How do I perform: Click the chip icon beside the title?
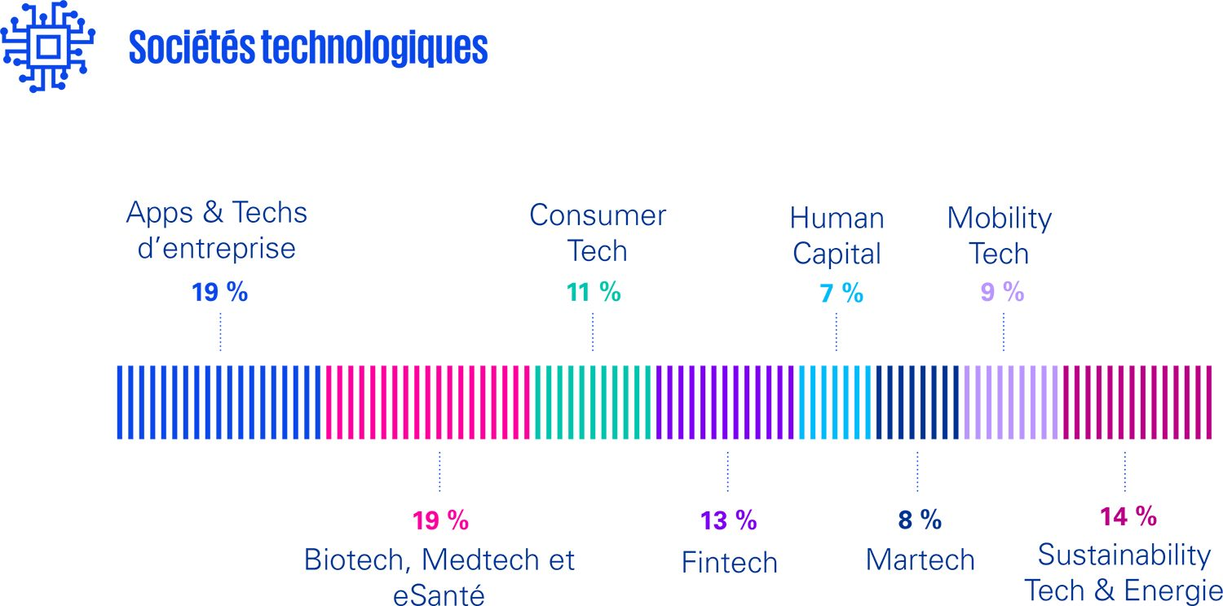tap(47, 47)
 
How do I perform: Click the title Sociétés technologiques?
tap(308, 49)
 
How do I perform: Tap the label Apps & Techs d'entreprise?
tap(217, 230)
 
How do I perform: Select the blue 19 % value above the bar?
tap(219, 292)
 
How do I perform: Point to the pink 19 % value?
tap(440, 520)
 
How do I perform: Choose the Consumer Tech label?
tap(598, 233)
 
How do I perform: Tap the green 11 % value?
tap(594, 292)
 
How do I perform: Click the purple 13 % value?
tap(728, 520)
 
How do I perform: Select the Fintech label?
tap(729, 562)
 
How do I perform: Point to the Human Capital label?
tap(837, 236)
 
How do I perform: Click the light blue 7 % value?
tap(841, 294)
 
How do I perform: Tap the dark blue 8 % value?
tap(920, 520)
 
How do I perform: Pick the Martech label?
tap(920, 560)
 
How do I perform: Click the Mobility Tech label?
tap(999, 236)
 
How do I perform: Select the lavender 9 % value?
tap(1002, 292)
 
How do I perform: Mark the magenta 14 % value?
tap(1128, 516)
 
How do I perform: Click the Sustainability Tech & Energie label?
tap(1124, 573)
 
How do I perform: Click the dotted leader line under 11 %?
tap(593, 330)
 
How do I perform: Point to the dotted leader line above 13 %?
tap(728, 471)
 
